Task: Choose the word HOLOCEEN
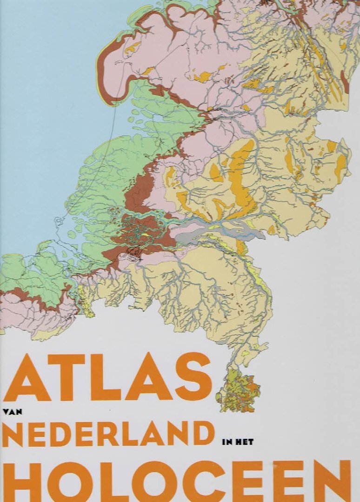[177, 482]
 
